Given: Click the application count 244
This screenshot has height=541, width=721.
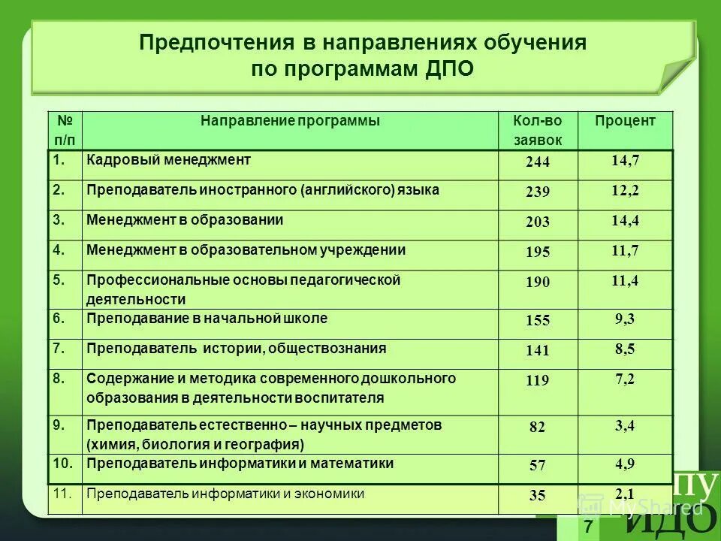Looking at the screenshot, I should point(538,162).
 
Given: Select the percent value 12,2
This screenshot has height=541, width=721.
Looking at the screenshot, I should point(625,191).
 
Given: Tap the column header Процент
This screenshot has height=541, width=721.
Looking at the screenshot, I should point(625,121).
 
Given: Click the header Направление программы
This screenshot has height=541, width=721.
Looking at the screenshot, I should point(290,121).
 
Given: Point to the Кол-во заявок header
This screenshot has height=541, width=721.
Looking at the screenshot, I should point(537,130).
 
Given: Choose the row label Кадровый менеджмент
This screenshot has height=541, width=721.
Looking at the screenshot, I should point(168,160).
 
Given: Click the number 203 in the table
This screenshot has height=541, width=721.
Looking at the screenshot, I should point(538,222).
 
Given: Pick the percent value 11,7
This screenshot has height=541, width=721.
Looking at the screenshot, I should point(625,251).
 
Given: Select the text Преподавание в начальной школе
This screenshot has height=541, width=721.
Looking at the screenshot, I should point(207,319).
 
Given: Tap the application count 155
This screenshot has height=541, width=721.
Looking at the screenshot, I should point(538,321).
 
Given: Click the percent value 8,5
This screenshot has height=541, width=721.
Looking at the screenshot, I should point(625,349).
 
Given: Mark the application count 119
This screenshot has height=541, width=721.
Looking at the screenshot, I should point(538,381).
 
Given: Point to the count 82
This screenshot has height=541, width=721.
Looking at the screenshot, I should point(538,427).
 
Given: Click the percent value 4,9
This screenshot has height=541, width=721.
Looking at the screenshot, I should point(625,464).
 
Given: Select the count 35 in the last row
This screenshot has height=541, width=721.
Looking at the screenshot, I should point(538,495).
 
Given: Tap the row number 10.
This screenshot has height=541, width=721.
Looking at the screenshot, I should point(64,464).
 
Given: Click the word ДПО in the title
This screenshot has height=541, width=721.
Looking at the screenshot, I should point(450,69).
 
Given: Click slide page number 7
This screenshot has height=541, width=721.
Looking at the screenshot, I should point(588,527).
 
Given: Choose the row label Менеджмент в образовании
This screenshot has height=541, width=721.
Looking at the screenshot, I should point(185,220).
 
